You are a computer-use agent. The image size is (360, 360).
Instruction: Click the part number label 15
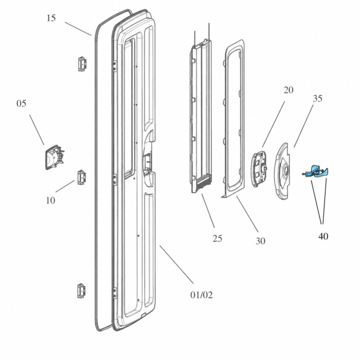pyautogui.click(x=51, y=18)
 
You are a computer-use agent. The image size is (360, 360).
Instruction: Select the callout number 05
pyautogui.click(x=21, y=103)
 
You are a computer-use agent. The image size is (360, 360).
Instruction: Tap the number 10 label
pyautogui.click(x=50, y=201)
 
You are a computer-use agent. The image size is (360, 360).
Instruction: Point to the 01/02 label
pyautogui.click(x=202, y=295)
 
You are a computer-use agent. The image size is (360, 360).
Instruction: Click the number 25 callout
pyautogui.click(x=217, y=239)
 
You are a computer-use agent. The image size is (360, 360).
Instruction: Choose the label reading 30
pyautogui.click(x=260, y=241)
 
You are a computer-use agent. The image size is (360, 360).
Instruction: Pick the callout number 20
pyautogui.click(x=289, y=90)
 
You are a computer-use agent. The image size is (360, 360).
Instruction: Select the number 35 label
pyautogui.click(x=317, y=98)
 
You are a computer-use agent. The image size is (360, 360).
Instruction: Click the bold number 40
pyautogui.click(x=323, y=236)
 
